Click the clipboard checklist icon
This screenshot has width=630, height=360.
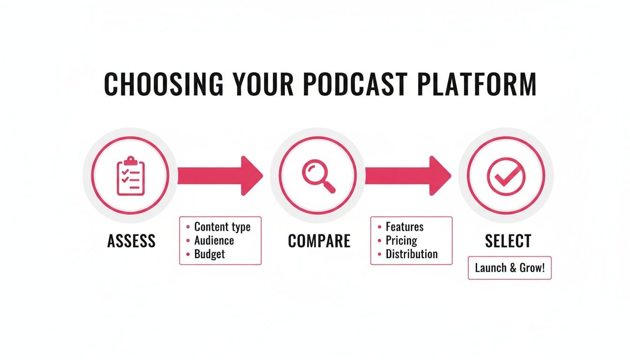tap(131, 176)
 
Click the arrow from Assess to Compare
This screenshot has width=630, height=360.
tap(219, 176)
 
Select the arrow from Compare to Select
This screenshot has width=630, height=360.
tap(407, 176)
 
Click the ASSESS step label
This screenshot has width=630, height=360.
tap(131, 241)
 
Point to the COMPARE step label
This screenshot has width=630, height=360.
tap(319, 241)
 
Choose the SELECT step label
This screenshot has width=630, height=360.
tap(508, 241)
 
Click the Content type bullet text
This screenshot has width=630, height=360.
tap(222, 227)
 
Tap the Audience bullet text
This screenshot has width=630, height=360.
tap(214, 240)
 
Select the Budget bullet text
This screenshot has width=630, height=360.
tap(210, 254)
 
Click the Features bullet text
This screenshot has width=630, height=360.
tap(404, 227)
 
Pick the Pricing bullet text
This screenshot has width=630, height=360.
tap(401, 240)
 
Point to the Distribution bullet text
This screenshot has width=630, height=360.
tap(411, 254)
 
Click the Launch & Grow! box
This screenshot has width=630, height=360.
tap(510, 268)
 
